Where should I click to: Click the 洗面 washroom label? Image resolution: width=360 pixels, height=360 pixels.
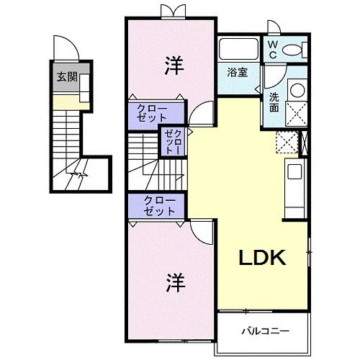(x=274, y=102)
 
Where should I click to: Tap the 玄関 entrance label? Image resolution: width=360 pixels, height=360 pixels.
(x=68, y=77)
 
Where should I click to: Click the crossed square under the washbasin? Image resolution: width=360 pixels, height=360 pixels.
(x=297, y=113)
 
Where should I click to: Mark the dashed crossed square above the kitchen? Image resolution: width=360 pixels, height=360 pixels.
(x=287, y=141)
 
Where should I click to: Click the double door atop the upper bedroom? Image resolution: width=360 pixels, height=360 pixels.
(x=171, y=10)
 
